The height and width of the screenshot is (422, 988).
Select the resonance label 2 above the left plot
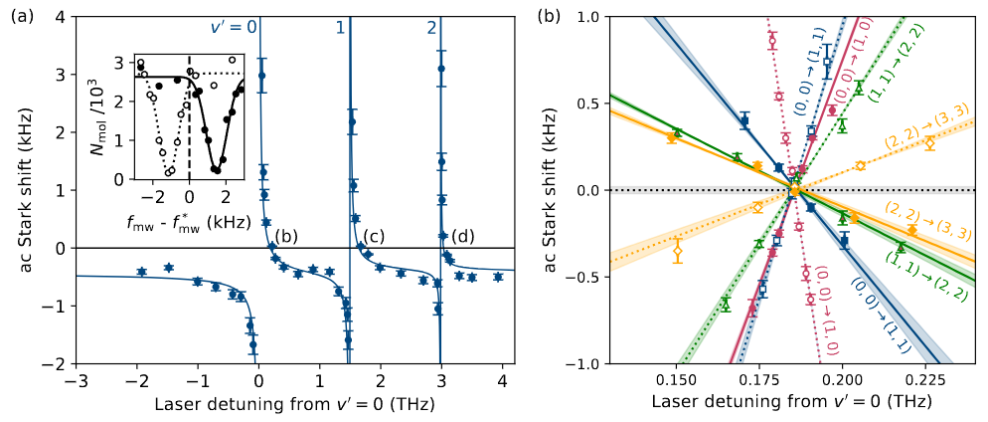click(431, 28)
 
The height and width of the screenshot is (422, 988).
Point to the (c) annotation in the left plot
click(374, 236)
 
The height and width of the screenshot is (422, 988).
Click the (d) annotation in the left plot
click(462, 236)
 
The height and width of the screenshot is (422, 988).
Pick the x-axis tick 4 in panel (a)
click(501, 379)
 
